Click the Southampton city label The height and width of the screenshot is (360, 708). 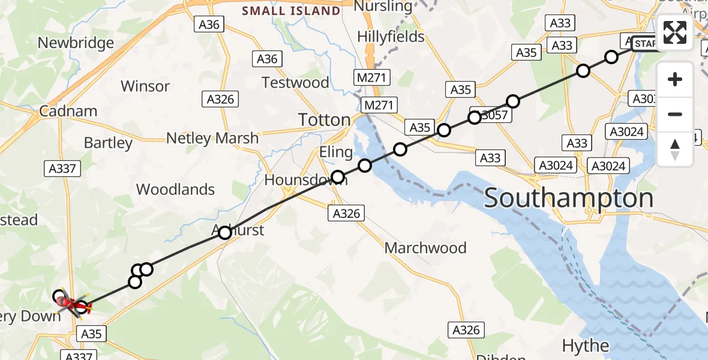[x=568, y=198]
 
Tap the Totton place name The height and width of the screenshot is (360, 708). [x=325, y=119]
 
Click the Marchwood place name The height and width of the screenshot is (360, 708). [x=425, y=248]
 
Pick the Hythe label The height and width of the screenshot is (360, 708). [x=586, y=346]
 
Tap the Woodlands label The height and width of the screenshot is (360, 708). [x=175, y=190]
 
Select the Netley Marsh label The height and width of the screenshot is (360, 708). [x=212, y=138]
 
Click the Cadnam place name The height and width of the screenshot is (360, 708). [x=68, y=111]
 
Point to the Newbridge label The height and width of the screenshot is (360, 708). [x=76, y=43]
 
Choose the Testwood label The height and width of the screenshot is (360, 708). [x=296, y=82]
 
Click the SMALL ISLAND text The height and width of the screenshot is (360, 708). [x=291, y=11]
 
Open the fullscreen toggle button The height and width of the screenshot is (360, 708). [x=675, y=32]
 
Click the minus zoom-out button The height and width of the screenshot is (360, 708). [x=675, y=114]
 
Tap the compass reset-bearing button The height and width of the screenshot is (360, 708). [x=675, y=149]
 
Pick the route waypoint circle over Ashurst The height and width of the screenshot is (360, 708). [x=224, y=232]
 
